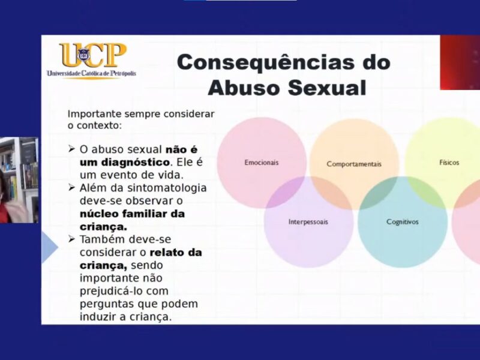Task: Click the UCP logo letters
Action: click(93, 55)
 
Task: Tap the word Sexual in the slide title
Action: click(327, 88)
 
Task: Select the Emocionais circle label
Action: click(262, 163)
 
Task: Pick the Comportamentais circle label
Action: click(354, 164)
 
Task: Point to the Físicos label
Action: click(449, 163)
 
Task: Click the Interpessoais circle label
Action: click(308, 222)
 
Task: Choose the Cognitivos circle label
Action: click(402, 222)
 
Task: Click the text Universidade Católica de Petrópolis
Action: click(91, 73)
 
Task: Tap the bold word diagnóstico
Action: click(125, 162)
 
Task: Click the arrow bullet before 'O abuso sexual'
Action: click(71, 149)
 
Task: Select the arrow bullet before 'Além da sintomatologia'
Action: click(71, 187)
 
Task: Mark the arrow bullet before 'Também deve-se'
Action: click(71, 239)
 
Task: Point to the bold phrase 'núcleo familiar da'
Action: click(132, 214)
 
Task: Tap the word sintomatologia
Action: click(167, 188)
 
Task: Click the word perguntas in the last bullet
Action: click(107, 304)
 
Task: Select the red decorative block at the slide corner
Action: click(460, 62)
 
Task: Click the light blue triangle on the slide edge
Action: click(49, 247)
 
